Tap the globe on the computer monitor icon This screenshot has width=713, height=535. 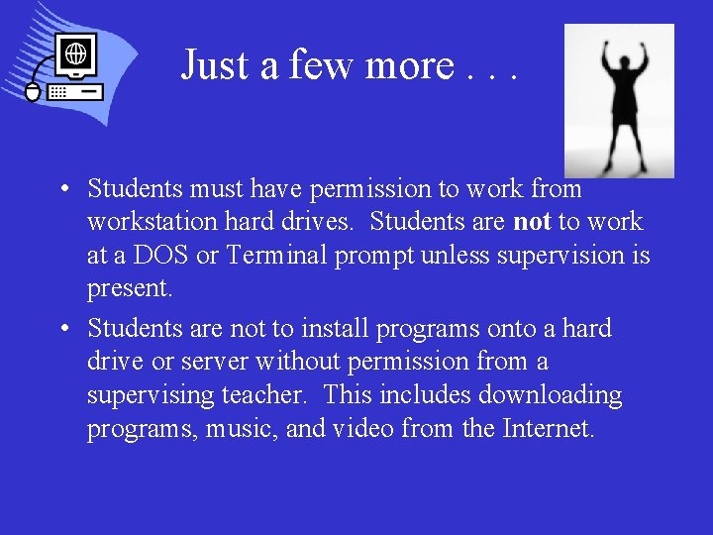(x=75, y=52)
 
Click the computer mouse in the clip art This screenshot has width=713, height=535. (x=32, y=92)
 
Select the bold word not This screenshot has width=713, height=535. (x=533, y=221)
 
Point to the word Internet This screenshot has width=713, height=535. (x=549, y=429)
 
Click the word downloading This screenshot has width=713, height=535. (x=551, y=395)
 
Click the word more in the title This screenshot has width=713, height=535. (x=410, y=65)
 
